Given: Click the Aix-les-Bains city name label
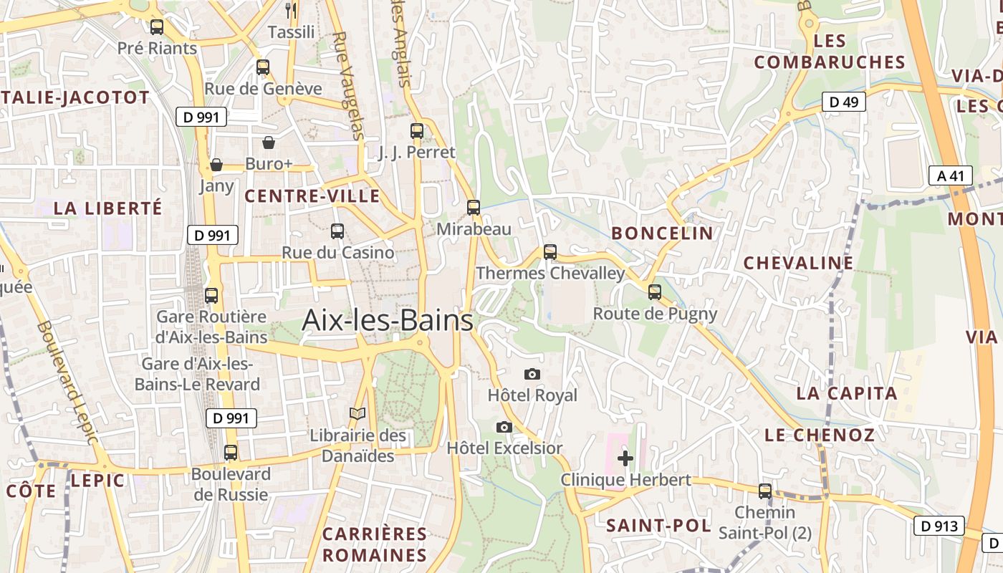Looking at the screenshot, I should point(387,320).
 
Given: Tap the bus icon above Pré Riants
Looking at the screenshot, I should point(156,27).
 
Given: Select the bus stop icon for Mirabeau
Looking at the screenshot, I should point(474,208).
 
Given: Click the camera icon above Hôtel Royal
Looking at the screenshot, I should point(532,374).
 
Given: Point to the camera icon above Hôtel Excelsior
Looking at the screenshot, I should point(504,427).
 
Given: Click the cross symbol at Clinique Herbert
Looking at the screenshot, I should point(625,458).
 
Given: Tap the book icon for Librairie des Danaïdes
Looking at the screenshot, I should point(357,414).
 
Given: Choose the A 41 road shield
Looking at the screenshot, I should point(950,175).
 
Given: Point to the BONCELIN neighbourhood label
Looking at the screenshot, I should point(663,233).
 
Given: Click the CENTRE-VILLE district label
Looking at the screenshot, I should point(312,196).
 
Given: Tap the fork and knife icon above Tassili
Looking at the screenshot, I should point(291,10).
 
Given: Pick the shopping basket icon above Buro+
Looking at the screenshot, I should point(269,143).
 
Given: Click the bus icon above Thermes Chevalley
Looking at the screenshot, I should point(550,251).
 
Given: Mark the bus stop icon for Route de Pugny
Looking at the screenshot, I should point(655,292).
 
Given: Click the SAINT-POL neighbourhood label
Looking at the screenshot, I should point(658,526).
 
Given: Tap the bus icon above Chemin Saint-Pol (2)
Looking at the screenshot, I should point(765,491).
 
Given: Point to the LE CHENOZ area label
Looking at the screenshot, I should point(820,435).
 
